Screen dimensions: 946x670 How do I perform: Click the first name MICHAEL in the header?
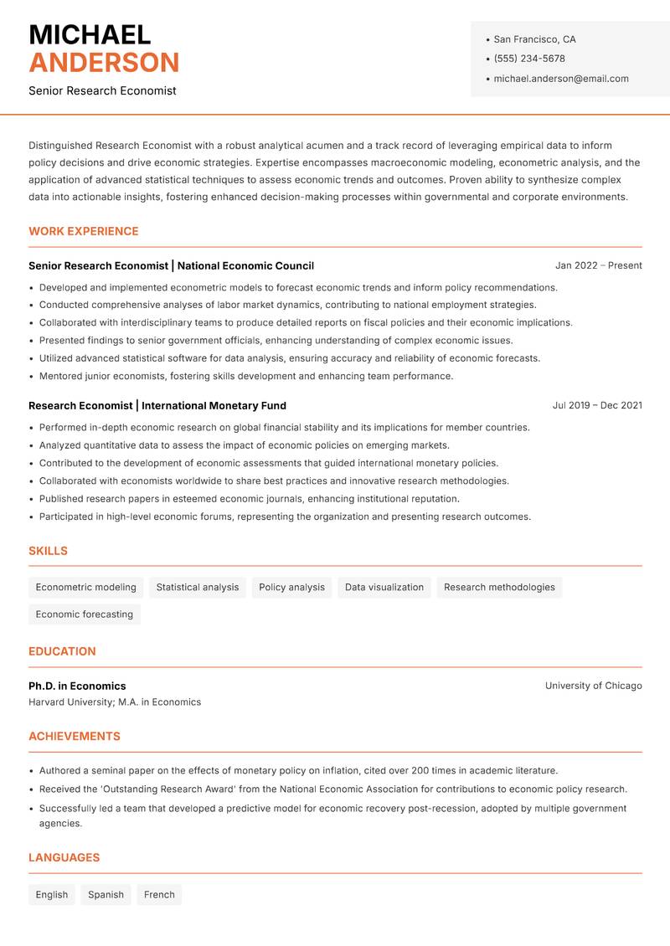(90, 35)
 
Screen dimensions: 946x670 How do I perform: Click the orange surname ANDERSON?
(104, 63)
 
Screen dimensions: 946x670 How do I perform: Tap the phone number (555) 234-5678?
(528, 59)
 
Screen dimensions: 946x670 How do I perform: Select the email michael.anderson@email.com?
(560, 79)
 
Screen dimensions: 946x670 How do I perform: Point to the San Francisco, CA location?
(534, 39)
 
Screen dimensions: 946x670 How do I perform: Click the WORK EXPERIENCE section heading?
(84, 231)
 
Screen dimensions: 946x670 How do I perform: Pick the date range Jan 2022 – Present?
(598, 265)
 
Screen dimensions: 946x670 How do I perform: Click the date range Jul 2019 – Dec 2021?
(597, 405)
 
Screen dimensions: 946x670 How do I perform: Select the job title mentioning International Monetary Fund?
(157, 405)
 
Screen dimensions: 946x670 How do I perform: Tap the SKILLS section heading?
(48, 551)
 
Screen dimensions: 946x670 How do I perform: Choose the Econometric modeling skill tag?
(85, 587)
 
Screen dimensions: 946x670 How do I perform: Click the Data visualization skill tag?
(384, 587)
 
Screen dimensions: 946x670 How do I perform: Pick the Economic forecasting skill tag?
(85, 614)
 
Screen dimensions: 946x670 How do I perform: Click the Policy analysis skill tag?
(291, 587)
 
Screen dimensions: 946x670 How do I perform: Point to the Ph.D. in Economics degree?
(77, 686)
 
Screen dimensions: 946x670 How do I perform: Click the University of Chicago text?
(593, 686)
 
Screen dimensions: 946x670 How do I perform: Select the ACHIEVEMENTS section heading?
(75, 737)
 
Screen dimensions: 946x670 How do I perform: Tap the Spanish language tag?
(106, 894)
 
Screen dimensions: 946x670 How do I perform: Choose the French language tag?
(159, 894)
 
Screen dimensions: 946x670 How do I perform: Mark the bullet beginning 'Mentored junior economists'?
(246, 376)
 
